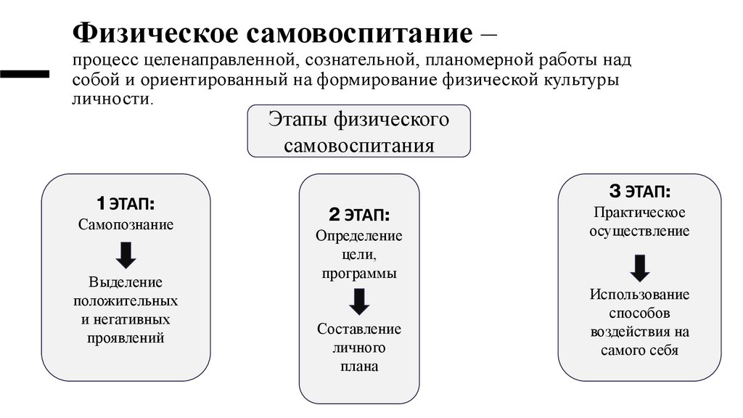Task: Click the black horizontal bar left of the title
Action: tap(24, 73)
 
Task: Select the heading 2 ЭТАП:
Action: tap(358, 215)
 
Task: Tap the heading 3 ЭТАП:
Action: tap(639, 192)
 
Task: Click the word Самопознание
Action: tap(126, 224)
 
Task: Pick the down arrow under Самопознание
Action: tap(126, 254)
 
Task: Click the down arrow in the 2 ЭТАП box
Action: tap(358, 300)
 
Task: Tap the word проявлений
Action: tap(126, 337)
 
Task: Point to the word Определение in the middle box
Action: tap(358, 237)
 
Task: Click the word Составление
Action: tap(358, 329)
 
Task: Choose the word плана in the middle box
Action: tap(358, 366)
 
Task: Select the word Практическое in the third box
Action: tap(639, 213)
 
